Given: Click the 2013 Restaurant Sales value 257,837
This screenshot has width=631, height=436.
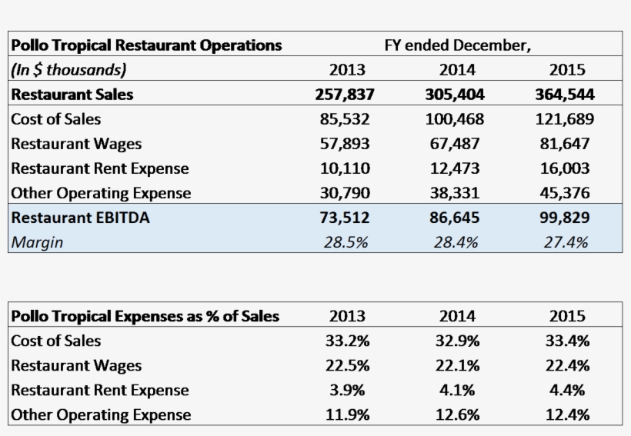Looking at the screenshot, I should [x=345, y=95].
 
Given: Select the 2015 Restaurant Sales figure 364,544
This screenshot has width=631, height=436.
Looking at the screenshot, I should [x=565, y=95].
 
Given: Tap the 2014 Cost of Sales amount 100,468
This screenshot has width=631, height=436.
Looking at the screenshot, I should [x=455, y=119].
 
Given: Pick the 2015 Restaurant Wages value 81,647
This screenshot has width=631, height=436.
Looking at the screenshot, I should [x=565, y=144].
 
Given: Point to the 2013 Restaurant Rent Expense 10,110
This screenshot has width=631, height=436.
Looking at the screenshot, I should [x=345, y=168].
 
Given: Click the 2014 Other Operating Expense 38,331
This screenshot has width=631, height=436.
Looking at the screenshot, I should [x=455, y=193].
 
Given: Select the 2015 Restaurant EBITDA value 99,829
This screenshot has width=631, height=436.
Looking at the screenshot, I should [x=565, y=218].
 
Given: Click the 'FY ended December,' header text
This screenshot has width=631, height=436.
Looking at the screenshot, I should [x=457, y=45].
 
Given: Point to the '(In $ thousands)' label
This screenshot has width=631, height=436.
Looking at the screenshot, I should [x=68, y=70].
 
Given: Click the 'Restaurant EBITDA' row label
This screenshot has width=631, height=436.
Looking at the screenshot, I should [x=80, y=218].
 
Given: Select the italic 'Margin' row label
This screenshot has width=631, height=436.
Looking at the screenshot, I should [x=37, y=242].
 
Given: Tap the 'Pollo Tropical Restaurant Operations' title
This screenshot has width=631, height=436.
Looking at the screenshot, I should [x=146, y=45].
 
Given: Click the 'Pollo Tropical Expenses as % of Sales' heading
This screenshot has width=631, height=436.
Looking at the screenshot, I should [x=145, y=316].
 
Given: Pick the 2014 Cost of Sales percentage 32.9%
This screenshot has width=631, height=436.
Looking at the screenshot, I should [x=457, y=341].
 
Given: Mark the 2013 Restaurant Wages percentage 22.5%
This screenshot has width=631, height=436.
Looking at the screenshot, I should [x=348, y=365].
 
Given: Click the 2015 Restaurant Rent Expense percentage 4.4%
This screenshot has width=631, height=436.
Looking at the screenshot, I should [x=567, y=390].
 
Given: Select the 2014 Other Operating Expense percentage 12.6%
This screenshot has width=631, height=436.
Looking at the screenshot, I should [x=457, y=414].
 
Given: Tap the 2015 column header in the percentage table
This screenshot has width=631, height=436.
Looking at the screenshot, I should [x=567, y=316].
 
